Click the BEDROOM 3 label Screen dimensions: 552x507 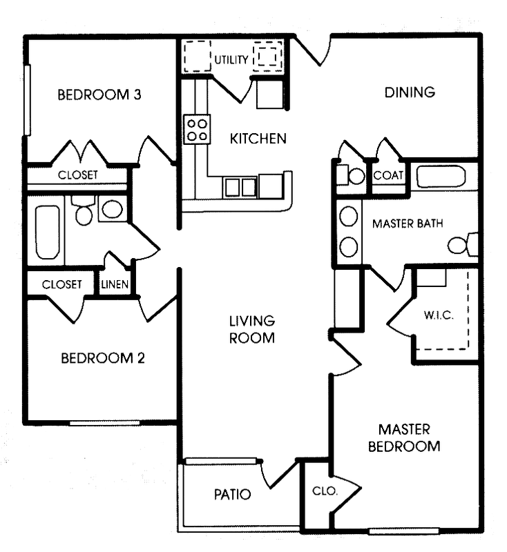click(x=99, y=95)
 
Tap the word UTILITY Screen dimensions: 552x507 click(x=231, y=60)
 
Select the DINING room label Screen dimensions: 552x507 click(x=410, y=92)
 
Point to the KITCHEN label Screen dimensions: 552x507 click(x=258, y=139)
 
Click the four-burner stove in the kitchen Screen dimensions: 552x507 click(x=197, y=129)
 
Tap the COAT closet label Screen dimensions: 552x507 click(x=388, y=176)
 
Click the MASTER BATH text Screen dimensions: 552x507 click(x=407, y=224)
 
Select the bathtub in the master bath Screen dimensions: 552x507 click(x=441, y=176)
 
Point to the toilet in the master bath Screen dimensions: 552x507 click(x=461, y=244)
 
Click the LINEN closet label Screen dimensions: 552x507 click(x=115, y=284)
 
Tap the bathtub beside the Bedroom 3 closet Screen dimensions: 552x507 click(x=48, y=233)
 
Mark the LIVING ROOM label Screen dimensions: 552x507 click(x=252, y=329)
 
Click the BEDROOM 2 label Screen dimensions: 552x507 click(x=102, y=358)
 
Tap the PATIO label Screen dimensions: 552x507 click(x=231, y=494)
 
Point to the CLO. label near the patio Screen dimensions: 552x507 click(x=324, y=491)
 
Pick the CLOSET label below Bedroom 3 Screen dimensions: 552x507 click(x=77, y=175)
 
